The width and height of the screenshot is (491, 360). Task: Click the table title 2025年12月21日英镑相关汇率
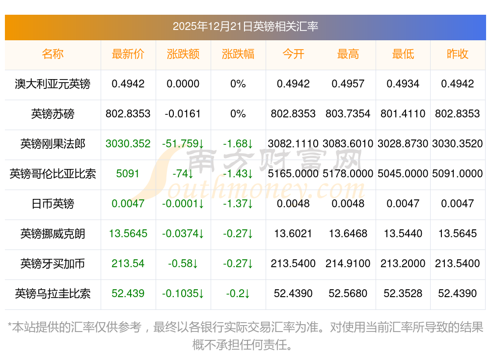[245, 26]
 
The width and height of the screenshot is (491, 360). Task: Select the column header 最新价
[128, 54]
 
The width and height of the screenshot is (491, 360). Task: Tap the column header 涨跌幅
[238, 54]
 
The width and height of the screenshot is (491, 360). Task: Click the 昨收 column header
[458, 54]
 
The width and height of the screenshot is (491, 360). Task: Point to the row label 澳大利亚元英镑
[53, 84]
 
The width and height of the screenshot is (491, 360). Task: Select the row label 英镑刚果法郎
[53, 144]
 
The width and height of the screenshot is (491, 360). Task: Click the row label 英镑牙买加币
[53, 264]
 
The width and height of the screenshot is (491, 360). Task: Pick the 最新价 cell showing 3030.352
[128, 144]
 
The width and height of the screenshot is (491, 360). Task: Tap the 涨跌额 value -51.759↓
[183, 144]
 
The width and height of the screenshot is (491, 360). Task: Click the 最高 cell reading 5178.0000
[348, 174]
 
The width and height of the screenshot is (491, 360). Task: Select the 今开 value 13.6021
[293, 234]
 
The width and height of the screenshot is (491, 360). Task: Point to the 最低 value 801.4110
[403, 114]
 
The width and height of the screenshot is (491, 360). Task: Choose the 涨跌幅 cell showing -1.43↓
[238, 174]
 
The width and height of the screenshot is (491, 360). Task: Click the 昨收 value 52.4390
[458, 294]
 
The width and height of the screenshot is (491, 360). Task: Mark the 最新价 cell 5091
[128, 174]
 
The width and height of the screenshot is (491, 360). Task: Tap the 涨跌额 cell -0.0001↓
[183, 204]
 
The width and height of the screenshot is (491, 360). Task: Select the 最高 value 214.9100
[348, 264]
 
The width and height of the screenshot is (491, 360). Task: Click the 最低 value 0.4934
[403, 84]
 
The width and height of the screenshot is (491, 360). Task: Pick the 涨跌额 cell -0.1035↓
[183, 294]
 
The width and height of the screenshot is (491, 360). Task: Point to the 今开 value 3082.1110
[293, 144]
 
